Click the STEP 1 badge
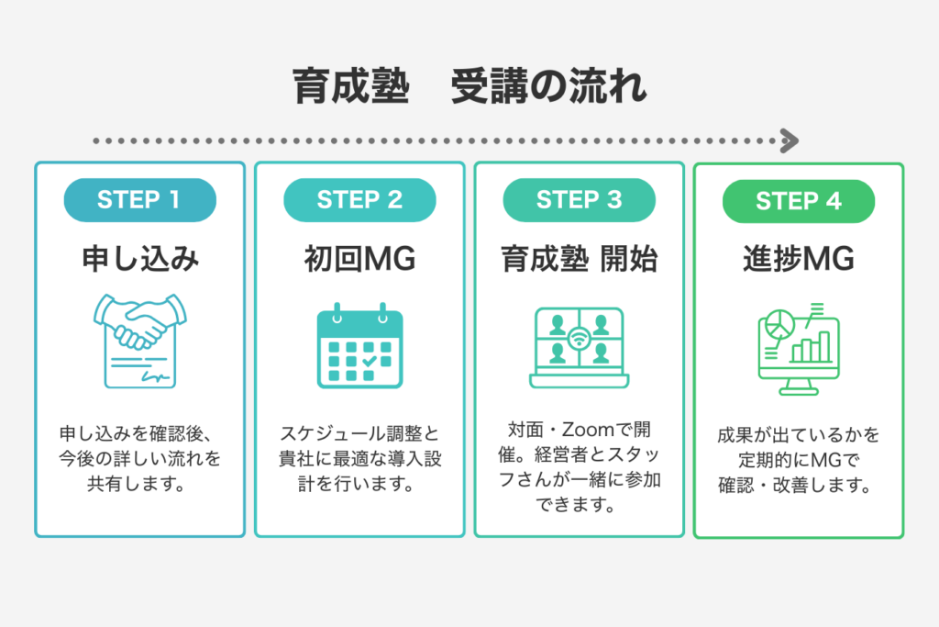(139, 200)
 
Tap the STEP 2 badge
(359, 200)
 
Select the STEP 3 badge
(579, 200)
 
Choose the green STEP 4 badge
(799, 201)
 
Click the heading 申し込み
(139, 260)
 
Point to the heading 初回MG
(359, 260)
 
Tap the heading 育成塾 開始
(579, 260)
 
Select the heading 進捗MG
(799, 260)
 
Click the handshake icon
(139, 340)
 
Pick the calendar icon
(359, 344)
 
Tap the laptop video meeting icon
(579, 346)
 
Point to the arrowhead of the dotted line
(789, 141)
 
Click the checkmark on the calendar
(369, 362)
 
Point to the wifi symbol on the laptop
(579, 337)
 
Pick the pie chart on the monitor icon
(779, 323)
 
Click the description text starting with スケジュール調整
(359, 456)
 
